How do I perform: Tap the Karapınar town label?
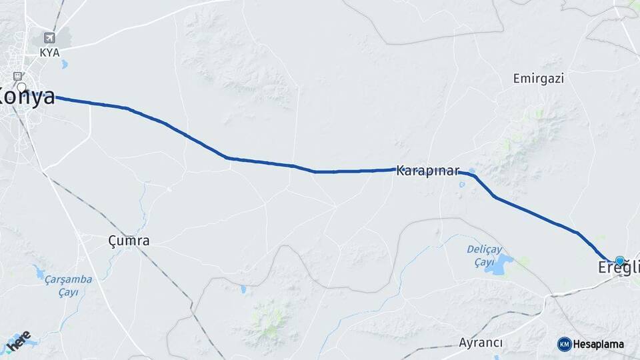[427, 171]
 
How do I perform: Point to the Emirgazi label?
[539, 79]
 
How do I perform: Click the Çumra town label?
[129, 241]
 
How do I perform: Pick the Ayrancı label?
[481, 343]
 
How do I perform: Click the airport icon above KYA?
[49, 37]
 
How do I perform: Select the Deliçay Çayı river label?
[483, 255]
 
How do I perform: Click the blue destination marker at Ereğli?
[620, 261]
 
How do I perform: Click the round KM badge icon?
[564, 344]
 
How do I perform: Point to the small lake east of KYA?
[64, 65]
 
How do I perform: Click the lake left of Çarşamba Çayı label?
[39, 273]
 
